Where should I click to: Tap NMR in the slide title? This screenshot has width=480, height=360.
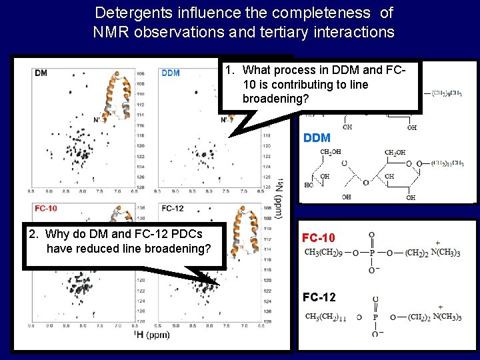pyautogui.click(x=110, y=31)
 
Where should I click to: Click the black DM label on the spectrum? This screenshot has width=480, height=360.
pyautogui.click(x=41, y=73)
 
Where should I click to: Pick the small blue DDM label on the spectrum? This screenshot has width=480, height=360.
pyautogui.click(x=171, y=73)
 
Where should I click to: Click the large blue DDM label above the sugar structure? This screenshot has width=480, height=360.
pyautogui.click(x=317, y=138)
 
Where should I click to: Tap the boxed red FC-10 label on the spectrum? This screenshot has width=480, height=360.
pyautogui.click(x=45, y=208)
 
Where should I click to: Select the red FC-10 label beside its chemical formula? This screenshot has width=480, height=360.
pyautogui.click(x=319, y=238)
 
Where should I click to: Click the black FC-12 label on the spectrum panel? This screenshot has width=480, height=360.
pyautogui.click(x=172, y=208)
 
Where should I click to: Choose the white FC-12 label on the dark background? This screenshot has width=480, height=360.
pyautogui.click(x=319, y=297)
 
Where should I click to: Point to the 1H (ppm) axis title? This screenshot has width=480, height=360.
pyautogui.click(x=151, y=334)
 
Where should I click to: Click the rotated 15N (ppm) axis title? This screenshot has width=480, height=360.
pyautogui.click(x=279, y=193)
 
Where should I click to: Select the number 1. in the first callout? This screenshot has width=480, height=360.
pyautogui.click(x=229, y=70)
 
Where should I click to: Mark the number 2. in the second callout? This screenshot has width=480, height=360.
pyautogui.click(x=33, y=234)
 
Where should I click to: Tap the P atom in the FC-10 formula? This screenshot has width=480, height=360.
pyautogui.click(x=371, y=253)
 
